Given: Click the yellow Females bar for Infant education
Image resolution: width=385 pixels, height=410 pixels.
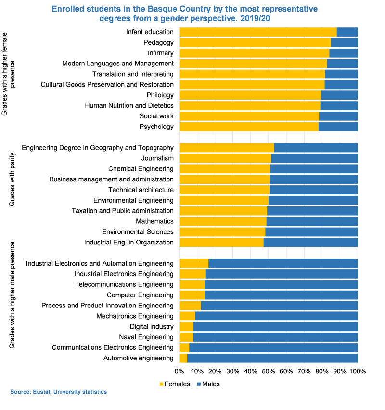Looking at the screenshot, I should coord(257,32).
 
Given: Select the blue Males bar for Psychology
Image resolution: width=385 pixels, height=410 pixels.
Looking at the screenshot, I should coord(338,127).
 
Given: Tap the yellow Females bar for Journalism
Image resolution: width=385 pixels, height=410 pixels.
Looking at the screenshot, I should coord(225,158).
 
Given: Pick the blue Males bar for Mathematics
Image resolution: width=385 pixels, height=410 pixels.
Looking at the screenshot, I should coord(312,221).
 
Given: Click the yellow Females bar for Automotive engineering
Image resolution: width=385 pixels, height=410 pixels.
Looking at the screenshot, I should coord(183,358).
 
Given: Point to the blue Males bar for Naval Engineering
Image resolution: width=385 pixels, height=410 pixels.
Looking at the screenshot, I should coord(275,337).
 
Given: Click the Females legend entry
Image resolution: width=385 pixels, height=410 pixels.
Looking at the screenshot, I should coord(174,384).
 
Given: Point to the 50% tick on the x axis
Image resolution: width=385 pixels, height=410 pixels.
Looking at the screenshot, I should coord(269,372).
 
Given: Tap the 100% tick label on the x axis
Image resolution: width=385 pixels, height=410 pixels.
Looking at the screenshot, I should coord(357,372).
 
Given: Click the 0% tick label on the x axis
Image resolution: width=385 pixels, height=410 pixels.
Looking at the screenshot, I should coord(180,372).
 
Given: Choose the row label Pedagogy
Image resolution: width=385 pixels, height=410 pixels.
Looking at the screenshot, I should coord(158,43).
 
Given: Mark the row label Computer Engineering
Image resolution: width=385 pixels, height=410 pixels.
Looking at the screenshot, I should coord(140,295).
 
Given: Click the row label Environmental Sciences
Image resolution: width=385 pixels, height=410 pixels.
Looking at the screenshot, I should coord(138,232).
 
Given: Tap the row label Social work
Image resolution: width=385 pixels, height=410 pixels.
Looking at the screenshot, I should coord(156,116).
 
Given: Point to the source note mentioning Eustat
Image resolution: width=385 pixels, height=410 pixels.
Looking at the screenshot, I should coord(58,392).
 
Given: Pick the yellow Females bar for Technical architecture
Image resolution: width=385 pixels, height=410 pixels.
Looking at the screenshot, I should coord(224,190).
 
